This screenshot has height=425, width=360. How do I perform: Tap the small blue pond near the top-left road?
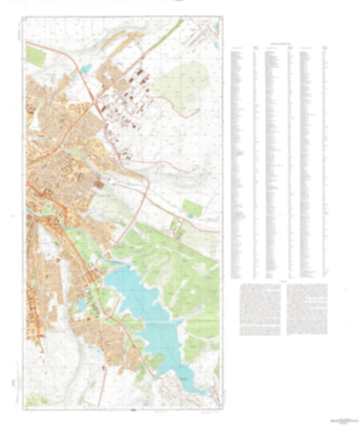86,68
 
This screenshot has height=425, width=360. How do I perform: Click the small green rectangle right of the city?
191,207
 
